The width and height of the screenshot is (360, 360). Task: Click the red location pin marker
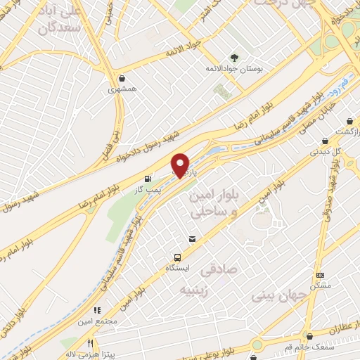(x=181, y=165)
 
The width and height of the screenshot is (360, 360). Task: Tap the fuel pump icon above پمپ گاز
(x=148, y=179)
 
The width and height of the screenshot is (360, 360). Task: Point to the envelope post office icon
(x=192, y=240)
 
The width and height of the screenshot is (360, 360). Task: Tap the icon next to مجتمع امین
(x=97, y=309)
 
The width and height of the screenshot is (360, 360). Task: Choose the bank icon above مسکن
(x=320, y=275)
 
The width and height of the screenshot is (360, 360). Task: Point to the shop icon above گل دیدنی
(x=324, y=140)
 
